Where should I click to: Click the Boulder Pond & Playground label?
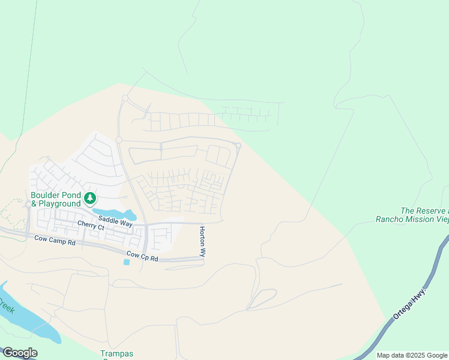55,199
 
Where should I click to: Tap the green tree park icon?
89,197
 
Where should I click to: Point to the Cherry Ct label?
91,227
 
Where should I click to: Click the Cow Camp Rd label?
55,241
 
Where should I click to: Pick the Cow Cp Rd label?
142,258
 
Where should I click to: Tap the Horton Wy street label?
203,242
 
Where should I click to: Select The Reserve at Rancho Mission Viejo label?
413,215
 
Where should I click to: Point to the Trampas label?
116,354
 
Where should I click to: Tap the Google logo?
19,353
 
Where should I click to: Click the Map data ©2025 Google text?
412,355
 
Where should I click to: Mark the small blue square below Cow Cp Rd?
127,262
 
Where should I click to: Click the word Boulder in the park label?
46,195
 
